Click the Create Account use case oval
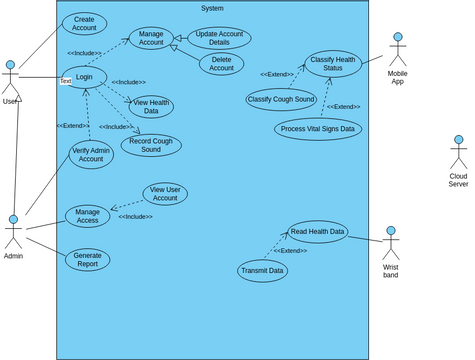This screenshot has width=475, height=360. (x=84, y=23)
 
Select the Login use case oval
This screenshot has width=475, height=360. (x=84, y=77)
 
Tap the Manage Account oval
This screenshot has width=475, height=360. (x=151, y=38)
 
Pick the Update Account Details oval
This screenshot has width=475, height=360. (x=219, y=39)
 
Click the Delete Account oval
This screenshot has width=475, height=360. (x=221, y=64)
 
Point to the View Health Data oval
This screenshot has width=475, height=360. (x=151, y=107)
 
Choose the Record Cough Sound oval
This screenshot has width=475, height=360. (x=151, y=145)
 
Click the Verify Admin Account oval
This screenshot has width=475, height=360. (x=91, y=155)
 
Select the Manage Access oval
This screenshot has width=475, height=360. (x=87, y=215)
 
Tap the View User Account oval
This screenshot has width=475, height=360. (x=165, y=194)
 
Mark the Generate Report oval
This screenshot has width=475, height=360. (x=87, y=260)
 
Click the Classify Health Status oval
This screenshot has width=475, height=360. (x=332, y=64)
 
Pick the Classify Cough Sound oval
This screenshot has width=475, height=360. (x=281, y=99)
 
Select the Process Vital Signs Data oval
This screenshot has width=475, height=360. (x=318, y=129)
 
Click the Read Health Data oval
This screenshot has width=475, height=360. (x=319, y=232)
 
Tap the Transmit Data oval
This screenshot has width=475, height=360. (x=263, y=270)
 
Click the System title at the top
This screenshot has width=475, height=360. (x=212, y=8)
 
